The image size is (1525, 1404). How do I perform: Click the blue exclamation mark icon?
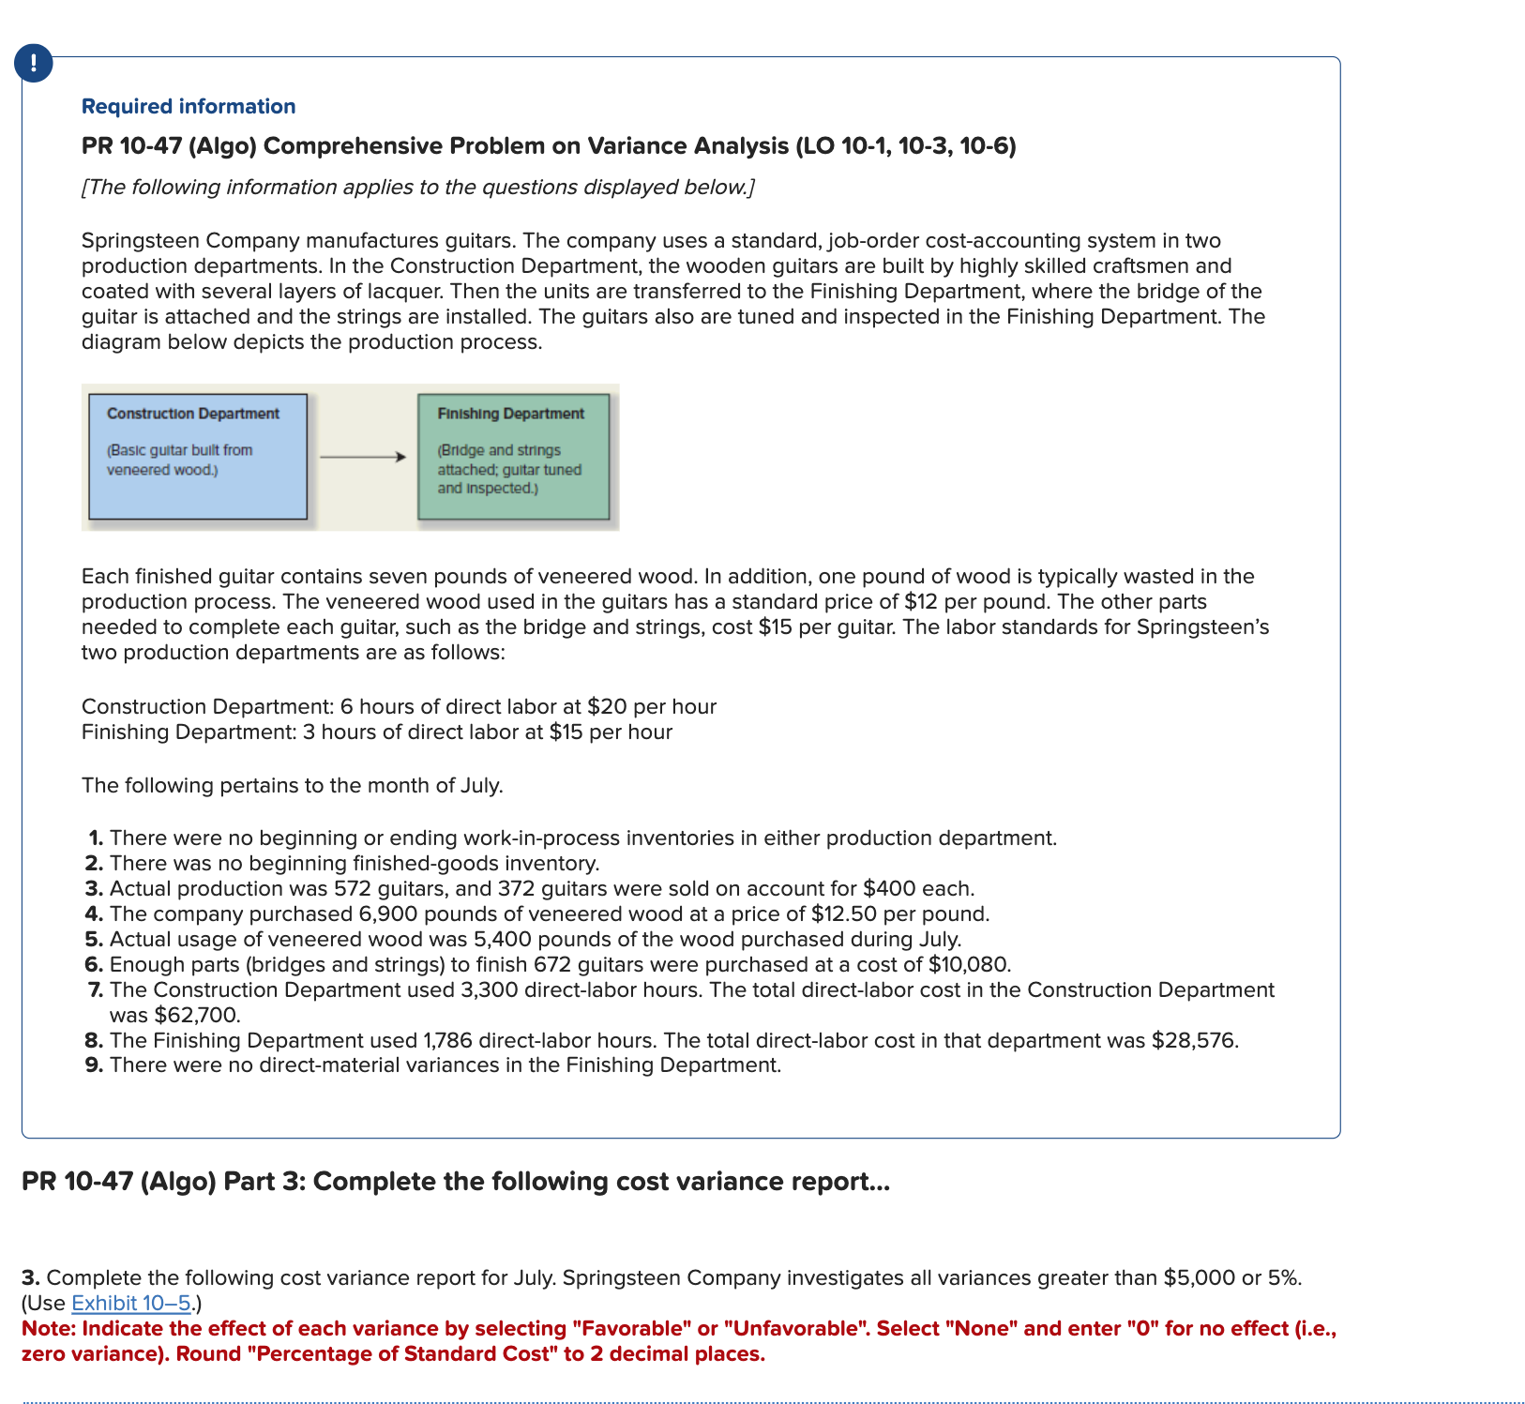coord(34,64)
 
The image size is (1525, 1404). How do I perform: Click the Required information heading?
coord(189,106)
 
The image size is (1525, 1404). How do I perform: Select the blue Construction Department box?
coord(198,457)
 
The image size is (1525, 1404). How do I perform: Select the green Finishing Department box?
coord(513,457)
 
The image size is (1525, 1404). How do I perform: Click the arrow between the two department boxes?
coord(362,457)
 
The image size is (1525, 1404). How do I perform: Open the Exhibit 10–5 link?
coord(131,1303)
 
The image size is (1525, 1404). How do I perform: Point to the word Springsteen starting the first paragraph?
coord(140,240)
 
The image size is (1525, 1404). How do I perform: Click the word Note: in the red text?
coord(49,1328)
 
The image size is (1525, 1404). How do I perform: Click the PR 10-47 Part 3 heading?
coord(455,1181)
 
